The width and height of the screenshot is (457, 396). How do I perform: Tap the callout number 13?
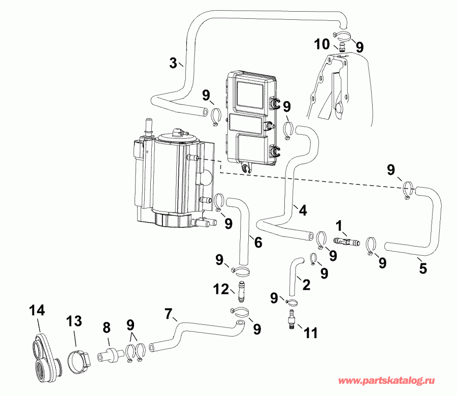75,321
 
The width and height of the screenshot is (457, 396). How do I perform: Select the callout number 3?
173,64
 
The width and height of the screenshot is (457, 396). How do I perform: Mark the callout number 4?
302,209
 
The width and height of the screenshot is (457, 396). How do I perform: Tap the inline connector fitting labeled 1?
346,240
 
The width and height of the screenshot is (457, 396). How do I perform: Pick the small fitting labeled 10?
343,48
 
